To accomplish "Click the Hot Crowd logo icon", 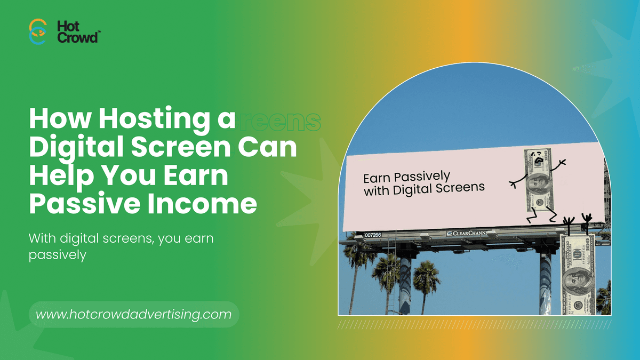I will coord(37,31).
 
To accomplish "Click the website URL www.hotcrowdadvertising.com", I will coord(134,315).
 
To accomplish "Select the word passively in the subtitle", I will coord(57,255).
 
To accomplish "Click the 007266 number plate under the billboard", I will coord(373,235).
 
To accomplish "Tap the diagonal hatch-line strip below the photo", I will coord(475,324).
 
